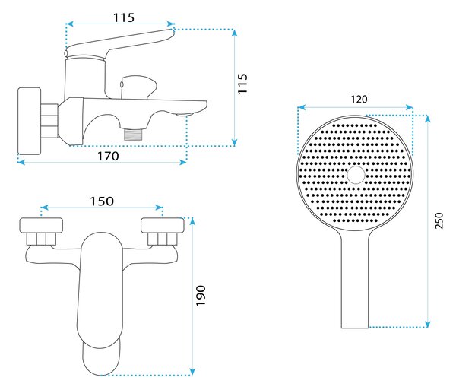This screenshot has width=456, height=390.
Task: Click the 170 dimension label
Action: tap(108, 156)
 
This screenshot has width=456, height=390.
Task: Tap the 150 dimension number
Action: tap(102, 201)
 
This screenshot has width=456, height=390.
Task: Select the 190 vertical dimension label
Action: tap(201, 296)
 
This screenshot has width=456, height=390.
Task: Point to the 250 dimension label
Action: tap(439, 220)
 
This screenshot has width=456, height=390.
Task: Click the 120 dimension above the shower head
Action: tap(359, 99)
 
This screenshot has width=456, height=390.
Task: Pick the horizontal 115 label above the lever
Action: tap(124, 17)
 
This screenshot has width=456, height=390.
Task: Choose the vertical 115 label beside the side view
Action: tap(242, 84)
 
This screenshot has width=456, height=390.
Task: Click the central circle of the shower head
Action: tap(356, 175)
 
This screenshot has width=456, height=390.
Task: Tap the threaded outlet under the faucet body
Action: tap(133, 134)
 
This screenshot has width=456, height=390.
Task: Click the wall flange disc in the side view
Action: tap(29, 121)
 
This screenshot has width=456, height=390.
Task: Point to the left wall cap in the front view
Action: tap(41, 225)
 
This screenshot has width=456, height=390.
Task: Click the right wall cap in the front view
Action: tap(163, 225)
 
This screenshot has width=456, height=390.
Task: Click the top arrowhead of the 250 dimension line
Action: tap(427, 119)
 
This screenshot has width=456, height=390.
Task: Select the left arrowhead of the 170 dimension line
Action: tap(21, 162)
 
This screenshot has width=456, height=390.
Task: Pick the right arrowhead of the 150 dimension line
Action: tap(159, 208)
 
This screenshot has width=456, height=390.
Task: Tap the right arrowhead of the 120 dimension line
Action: tap(410, 108)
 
